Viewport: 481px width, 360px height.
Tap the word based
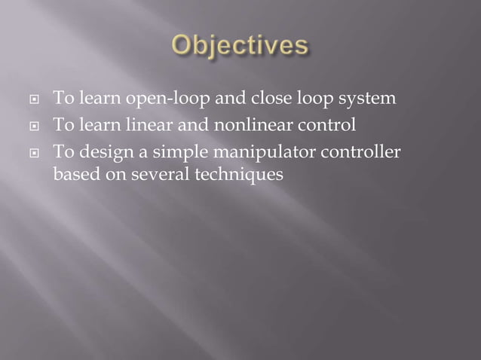point(73,174)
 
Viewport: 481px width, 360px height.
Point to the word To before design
point(62,154)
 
